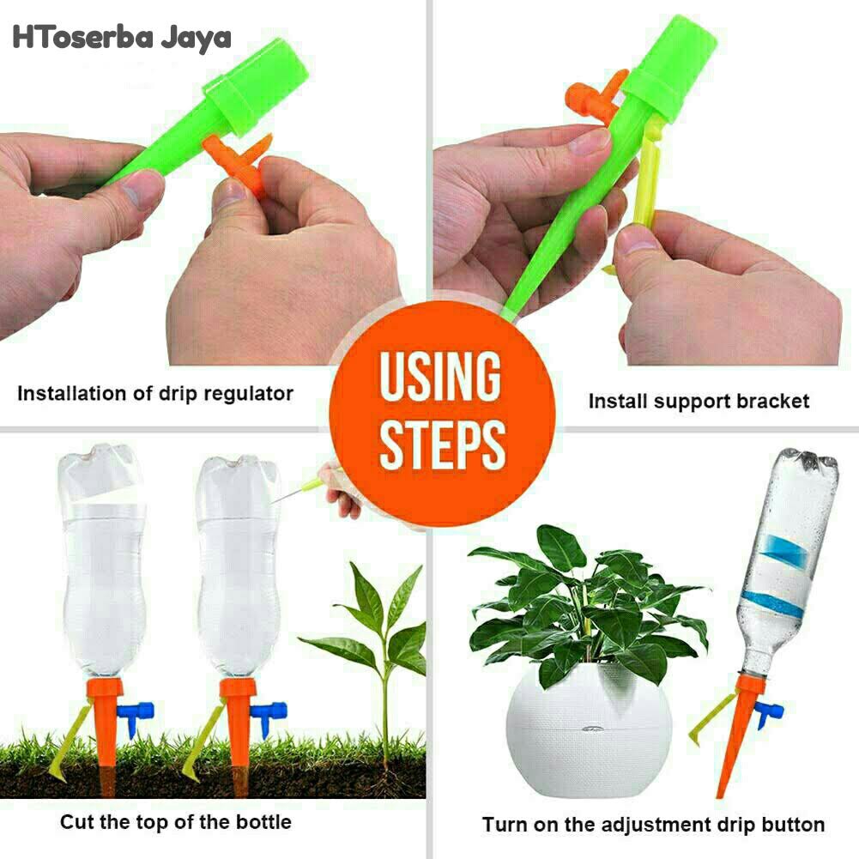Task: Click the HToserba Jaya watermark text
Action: (122, 37)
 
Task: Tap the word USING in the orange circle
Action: (440, 376)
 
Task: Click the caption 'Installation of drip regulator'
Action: (155, 394)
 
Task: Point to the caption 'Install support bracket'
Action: (699, 402)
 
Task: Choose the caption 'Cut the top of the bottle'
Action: (175, 822)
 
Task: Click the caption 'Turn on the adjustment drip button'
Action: (653, 825)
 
